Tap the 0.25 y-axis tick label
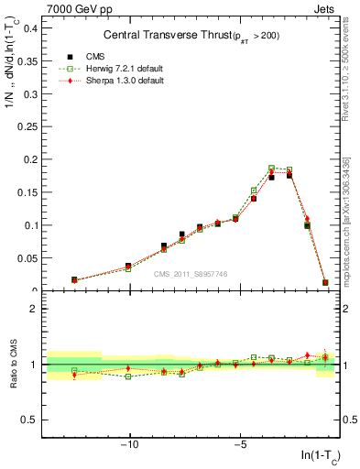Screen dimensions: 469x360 pyautogui.click(x=27, y=126)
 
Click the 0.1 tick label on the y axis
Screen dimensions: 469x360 pyautogui.click(x=29, y=225)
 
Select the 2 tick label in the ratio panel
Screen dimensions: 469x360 pyautogui.click(x=34, y=309)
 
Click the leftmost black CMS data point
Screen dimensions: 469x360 pyautogui.click(x=74, y=279)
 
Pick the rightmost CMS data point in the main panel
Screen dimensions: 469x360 pyautogui.click(x=325, y=282)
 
